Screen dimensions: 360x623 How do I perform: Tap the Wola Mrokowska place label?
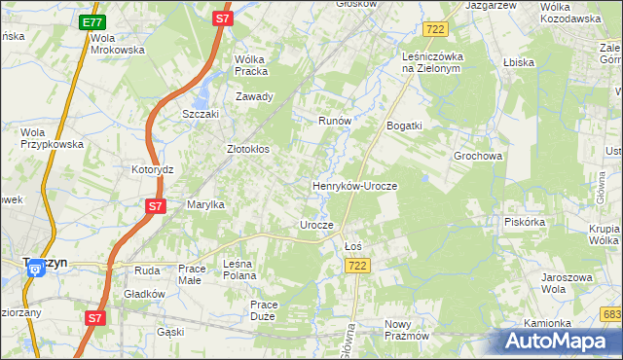117,44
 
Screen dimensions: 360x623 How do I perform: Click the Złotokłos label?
247,150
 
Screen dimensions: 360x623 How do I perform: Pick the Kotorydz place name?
152,168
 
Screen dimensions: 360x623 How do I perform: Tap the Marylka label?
206,204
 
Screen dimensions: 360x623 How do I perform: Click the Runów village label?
334,121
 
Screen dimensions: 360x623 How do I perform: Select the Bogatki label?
404,126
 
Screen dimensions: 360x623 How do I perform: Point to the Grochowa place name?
478,155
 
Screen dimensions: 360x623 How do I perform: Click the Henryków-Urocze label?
354,185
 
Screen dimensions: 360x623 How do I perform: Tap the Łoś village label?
353,246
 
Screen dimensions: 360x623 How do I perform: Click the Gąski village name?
170,332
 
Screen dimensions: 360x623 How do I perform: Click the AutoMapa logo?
560,340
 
